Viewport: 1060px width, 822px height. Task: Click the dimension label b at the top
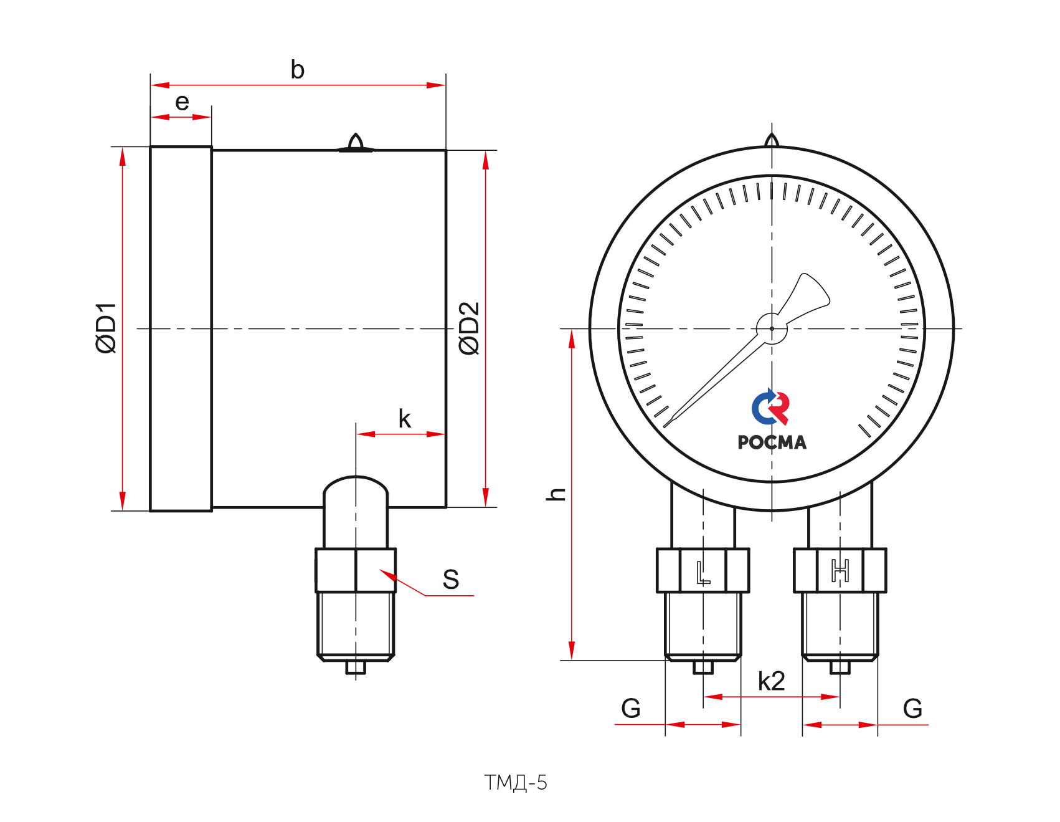(x=298, y=70)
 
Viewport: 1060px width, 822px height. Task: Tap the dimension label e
(x=182, y=102)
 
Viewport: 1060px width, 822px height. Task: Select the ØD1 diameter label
(x=106, y=328)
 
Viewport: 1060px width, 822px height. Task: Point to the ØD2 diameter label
(x=469, y=328)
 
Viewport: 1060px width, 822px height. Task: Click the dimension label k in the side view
(x=405, y=419)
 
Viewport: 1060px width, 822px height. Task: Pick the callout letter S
(x=451, y=580)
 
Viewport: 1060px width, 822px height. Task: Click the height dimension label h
(x=556, y=494)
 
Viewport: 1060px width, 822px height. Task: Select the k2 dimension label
(x=771, y=681)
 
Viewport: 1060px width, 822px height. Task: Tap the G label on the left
(x=631, y=709)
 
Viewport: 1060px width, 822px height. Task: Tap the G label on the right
(x=912, y=709)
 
